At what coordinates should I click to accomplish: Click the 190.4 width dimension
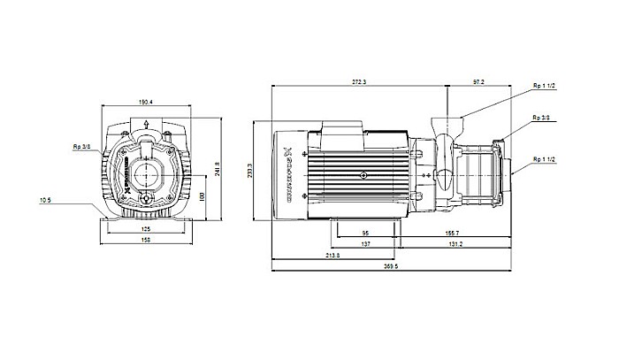146,102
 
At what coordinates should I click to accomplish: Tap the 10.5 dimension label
44,200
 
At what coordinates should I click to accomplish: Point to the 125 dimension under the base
146,230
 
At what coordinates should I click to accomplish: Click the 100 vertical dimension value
202,195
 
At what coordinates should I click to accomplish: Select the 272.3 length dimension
359,81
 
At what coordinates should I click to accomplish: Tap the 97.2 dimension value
478,81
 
